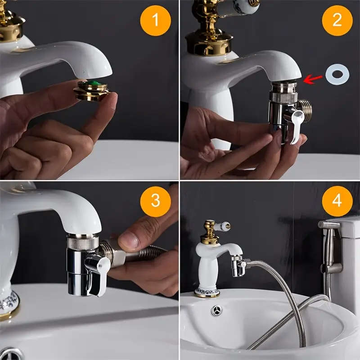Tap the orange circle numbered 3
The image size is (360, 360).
click(x=155, y=200)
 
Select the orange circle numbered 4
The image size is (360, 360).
click(x=337, y=200)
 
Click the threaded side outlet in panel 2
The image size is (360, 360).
click(x=305, y=109)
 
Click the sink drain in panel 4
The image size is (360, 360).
click(x=217, y=310)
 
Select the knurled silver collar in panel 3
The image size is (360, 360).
click(x=83, y=242)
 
